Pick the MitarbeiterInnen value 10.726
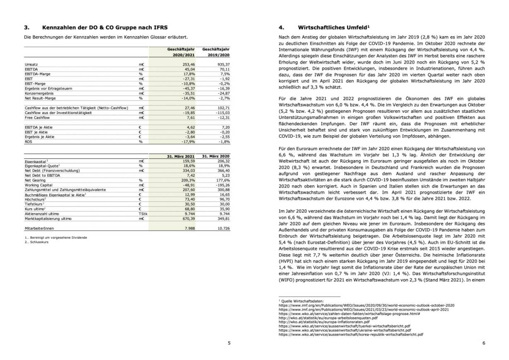coord(222,228)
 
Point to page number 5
coord(229,343)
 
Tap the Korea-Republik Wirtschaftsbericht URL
coord(351,334)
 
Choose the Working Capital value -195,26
coord(222,185)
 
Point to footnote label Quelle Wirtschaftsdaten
coord(298,301)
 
